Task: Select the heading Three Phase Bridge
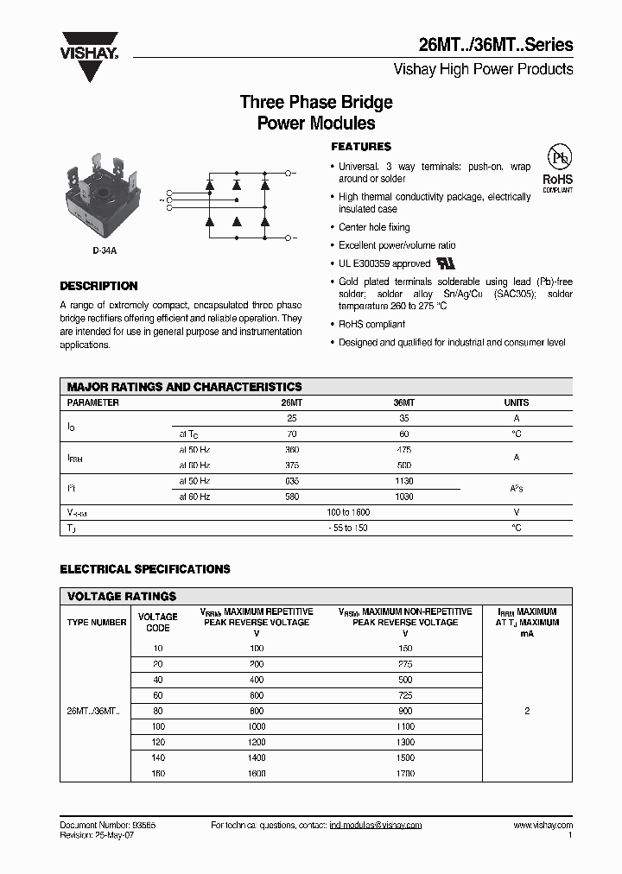click(316, 102)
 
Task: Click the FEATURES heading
click(361, 147)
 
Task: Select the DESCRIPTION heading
click(98, 286)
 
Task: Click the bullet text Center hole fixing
click(374, 227)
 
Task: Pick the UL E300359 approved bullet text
click(384, 263)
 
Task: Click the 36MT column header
click(404, 402)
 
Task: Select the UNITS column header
click(516, 402)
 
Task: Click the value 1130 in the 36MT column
click(404, 481)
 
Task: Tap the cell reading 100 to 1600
click(349, 512)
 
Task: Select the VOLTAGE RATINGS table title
click(122, 596)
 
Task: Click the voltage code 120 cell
click(157, 743)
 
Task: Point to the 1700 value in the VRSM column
click(404, 774)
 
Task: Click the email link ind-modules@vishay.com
click(376, 826)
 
